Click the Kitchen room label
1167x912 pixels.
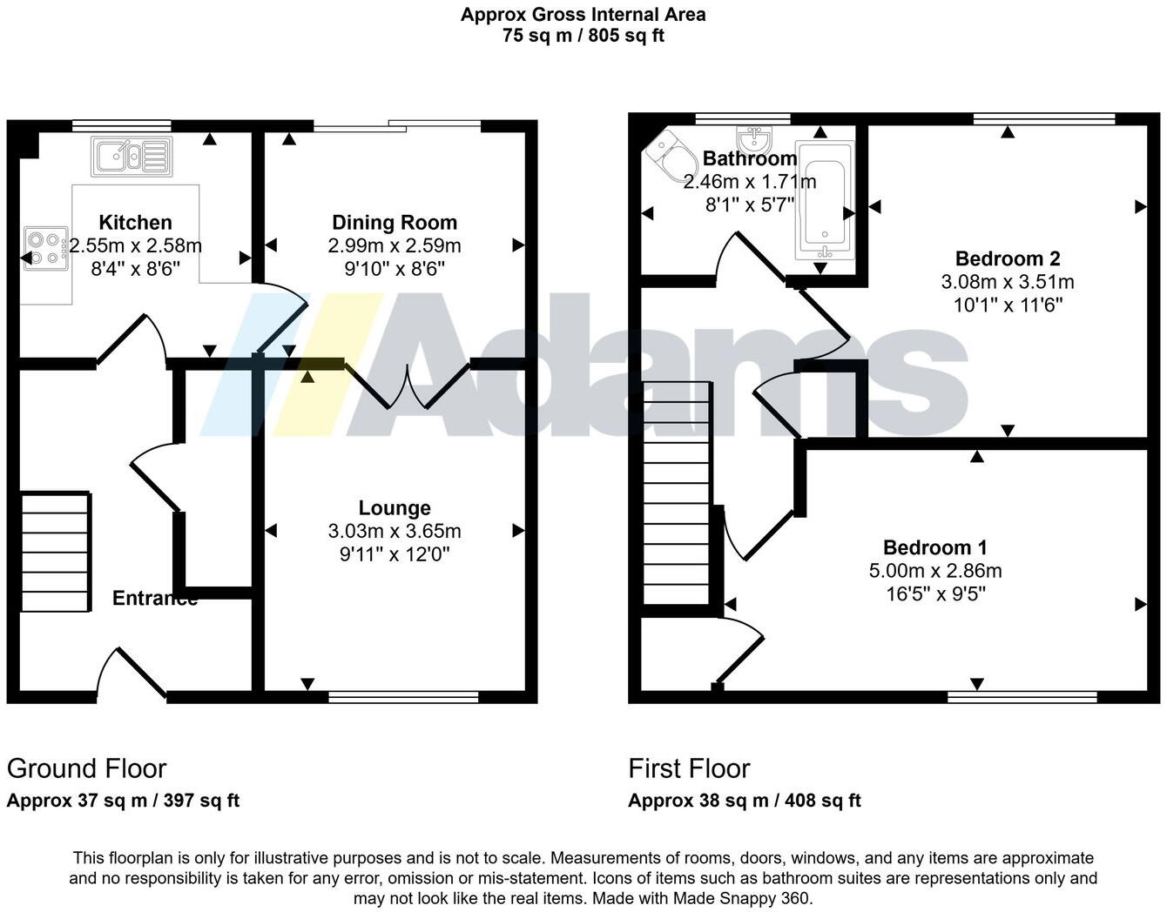tap(135, 223)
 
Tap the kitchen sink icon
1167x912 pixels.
tap(132, 157)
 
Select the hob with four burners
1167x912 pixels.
tap(46, 247)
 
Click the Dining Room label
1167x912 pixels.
tap(395, 223)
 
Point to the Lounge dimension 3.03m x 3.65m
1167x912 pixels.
tap(395, 531)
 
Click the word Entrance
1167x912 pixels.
tap(154, 598)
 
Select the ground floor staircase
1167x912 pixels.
tap(55, 553)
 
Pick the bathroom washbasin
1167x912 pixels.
tap(753, 139)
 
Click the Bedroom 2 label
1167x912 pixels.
tap(1008, 258)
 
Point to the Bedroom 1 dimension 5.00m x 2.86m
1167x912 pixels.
tap(935, 571)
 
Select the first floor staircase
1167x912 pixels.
tap(677, 493)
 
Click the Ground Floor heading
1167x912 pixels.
tap(86, 768)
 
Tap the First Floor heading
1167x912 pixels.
tap(689, 768)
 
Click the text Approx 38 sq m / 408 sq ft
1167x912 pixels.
tap(745, 801)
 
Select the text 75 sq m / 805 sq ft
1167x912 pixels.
tap(583, 36)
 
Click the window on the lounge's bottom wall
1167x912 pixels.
tap(403, 696)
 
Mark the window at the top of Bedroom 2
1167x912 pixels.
tap(1043, 119)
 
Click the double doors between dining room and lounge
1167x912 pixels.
tap(408, 383)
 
